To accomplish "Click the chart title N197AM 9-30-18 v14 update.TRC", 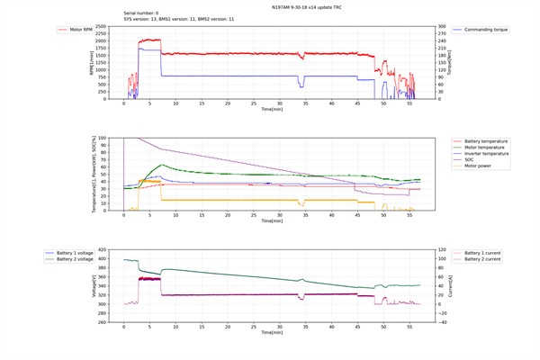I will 269,6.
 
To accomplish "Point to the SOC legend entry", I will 473,160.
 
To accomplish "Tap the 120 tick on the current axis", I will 442,249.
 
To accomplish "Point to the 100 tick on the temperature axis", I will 102,138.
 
